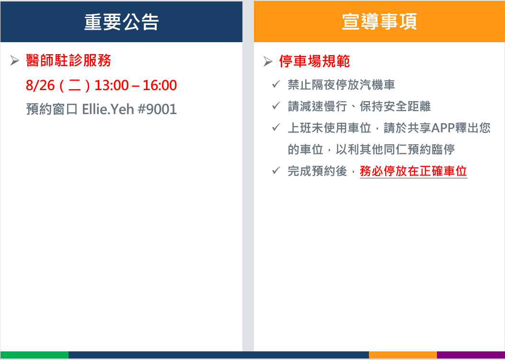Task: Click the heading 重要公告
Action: (121, 22)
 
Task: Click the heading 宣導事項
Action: (379, 22)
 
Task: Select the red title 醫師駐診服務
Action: (69, 60)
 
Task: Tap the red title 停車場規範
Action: (314, 61)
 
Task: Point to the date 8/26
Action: (40, 85)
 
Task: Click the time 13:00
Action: (112, 85)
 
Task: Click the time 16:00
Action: (160, 85)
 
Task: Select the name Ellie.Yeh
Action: (108, 109)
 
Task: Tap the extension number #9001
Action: (157, 109)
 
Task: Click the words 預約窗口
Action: (52, 109)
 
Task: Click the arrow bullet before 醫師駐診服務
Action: (14, 60)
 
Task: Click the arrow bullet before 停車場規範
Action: (268, 61)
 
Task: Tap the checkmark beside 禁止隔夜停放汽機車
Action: (276, 84)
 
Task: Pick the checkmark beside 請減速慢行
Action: (276, 105)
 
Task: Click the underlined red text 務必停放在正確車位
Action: (413, 171)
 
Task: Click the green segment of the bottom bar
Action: (34, 355)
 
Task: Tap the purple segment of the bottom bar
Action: (471, 355)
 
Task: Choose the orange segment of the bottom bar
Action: (402, 355)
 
